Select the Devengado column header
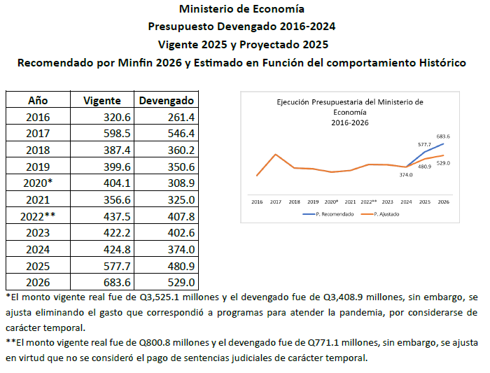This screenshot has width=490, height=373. click(x=167, y=101)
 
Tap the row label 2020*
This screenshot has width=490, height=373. click(x=38, y=183)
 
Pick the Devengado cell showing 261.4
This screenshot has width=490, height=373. click(x=181, y=118)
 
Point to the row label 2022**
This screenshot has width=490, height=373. click(x=38, y=216)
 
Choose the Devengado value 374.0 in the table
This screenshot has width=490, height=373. click(x=181, y=250)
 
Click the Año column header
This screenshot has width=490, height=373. click(x=38, y=101)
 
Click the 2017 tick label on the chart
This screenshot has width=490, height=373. click(x=276, y=200)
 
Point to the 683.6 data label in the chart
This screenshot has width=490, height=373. click(x=442, y=136)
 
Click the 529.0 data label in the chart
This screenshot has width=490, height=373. click(x=442, y=163)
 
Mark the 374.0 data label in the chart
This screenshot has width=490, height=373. click(x=406, y=175)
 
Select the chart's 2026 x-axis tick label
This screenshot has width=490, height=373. click(x=443, y=200)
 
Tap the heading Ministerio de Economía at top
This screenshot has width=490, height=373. click(x=241, y=9)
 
